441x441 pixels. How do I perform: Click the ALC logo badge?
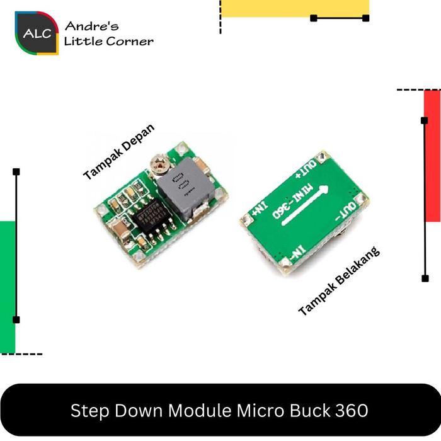[x=37, y=33]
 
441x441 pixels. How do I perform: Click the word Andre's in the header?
[x=91, y=26]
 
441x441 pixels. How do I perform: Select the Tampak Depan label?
[x=118, y=152]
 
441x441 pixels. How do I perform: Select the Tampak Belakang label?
[x=340, y=281]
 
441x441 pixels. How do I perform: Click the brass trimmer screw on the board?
[x=157, y=165]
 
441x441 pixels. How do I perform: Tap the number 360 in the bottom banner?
[x=350, y=411]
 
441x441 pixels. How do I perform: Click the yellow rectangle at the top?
[x=295, y=8]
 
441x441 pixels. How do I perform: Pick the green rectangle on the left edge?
[x=7, y=287]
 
